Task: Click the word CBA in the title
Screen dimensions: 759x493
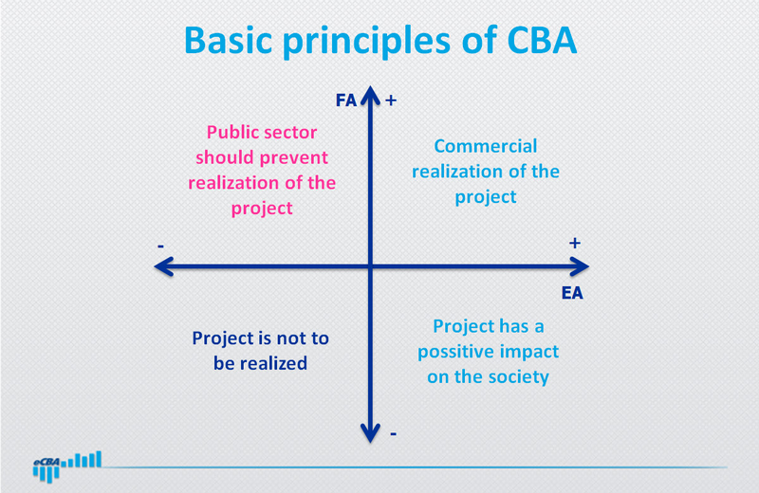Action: point(542,40)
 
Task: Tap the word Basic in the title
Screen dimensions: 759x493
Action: point(229,40)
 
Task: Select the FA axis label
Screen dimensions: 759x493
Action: point(346,100)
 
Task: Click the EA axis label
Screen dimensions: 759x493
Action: point(572,293)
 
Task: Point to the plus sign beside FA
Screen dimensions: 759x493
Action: point(391,100)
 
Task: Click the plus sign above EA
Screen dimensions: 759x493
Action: point(575,243)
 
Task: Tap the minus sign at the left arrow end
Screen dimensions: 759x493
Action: point(160,246)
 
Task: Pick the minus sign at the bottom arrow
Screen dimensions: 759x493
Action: point(393,434)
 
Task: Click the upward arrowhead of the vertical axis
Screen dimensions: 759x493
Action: point(370,95)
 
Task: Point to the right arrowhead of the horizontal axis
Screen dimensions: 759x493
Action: point(580,266)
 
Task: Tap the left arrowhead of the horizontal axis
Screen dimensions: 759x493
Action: point(163,266)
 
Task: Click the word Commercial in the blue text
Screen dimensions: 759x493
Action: point(486,146)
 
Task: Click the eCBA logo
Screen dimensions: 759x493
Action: point(66,466)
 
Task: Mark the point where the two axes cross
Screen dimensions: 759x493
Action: point(370,266)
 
